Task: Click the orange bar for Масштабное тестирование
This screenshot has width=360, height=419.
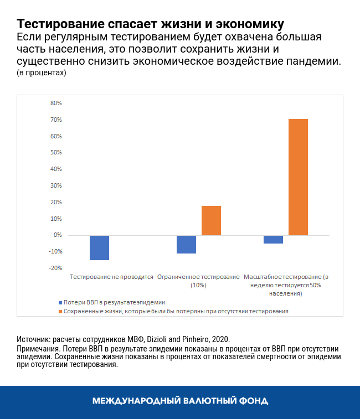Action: tap(298, 177)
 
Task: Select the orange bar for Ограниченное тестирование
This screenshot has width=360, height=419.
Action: tap(211, 221)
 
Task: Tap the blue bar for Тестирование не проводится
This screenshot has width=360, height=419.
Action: tap(99, 247)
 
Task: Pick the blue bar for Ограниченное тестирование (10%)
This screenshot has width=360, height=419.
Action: tap(186, 244)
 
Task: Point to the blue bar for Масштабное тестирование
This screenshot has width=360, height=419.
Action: tap(274, 239)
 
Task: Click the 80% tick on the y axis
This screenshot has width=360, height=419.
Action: tap(56, 104)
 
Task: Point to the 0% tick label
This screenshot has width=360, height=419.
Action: tap(58, 235)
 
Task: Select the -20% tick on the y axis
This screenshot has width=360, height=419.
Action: tap(55, 268)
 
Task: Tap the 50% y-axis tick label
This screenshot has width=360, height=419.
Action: tap(56, 153)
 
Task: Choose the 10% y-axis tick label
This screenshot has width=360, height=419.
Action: tap(56, 219)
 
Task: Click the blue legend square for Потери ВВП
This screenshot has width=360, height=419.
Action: tap(60, 303)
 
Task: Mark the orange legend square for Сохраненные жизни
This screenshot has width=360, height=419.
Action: tap(60, 312)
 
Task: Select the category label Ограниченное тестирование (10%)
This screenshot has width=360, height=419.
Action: tap(198, 281)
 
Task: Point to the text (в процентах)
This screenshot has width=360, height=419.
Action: tap(42, 73)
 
